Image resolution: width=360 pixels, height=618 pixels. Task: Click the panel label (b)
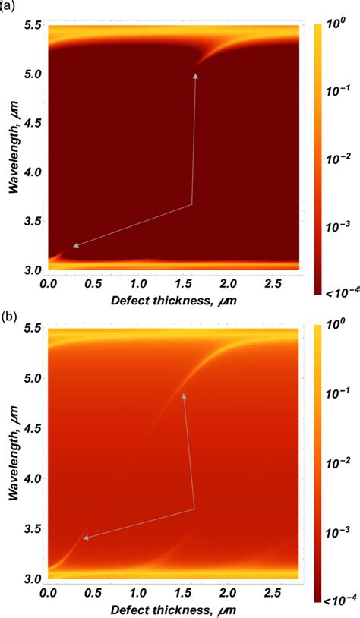click(x=9, y=313)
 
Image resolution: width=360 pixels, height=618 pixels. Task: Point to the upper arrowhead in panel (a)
click(x=195, y=75)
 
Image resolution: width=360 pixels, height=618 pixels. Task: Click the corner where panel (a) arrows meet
click(x=191, y=204)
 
